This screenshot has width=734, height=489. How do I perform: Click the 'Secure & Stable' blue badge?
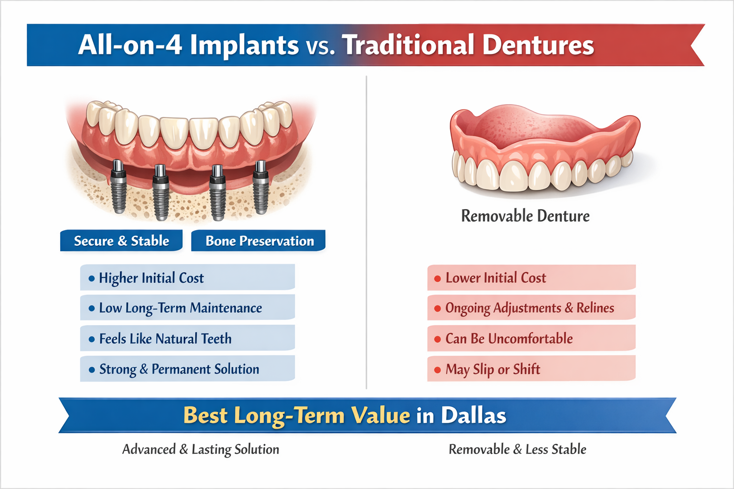point(121,241)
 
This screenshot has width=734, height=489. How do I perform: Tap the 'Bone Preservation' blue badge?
point(259,241)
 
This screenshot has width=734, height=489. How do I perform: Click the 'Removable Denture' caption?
point(525,216)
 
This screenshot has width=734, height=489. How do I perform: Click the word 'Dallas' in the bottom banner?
point(473,415)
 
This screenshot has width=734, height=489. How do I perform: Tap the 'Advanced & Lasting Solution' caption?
point(201,449)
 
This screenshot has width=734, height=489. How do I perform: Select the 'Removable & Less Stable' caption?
point(518,449)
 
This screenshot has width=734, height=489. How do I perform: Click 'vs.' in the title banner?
point(320,46)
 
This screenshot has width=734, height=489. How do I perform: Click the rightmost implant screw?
point(260,187)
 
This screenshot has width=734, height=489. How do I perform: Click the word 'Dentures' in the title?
point(538,45)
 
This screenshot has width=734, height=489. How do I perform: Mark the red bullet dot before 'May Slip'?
point(437,370)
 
